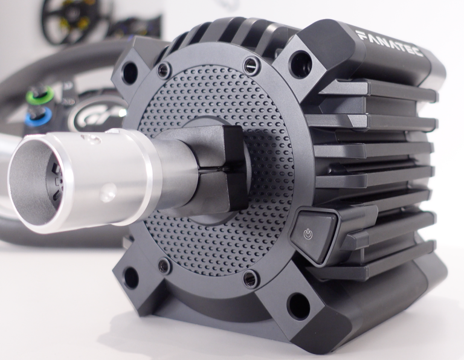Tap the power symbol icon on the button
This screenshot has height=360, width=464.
point(308,233)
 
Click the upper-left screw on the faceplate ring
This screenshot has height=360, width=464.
point(164,70)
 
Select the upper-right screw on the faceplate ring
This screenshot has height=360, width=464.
point(251,65)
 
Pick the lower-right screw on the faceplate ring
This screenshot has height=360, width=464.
point(250,278)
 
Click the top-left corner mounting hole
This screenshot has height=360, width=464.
point(129,72)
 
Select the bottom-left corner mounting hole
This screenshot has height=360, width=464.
point(130,277)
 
